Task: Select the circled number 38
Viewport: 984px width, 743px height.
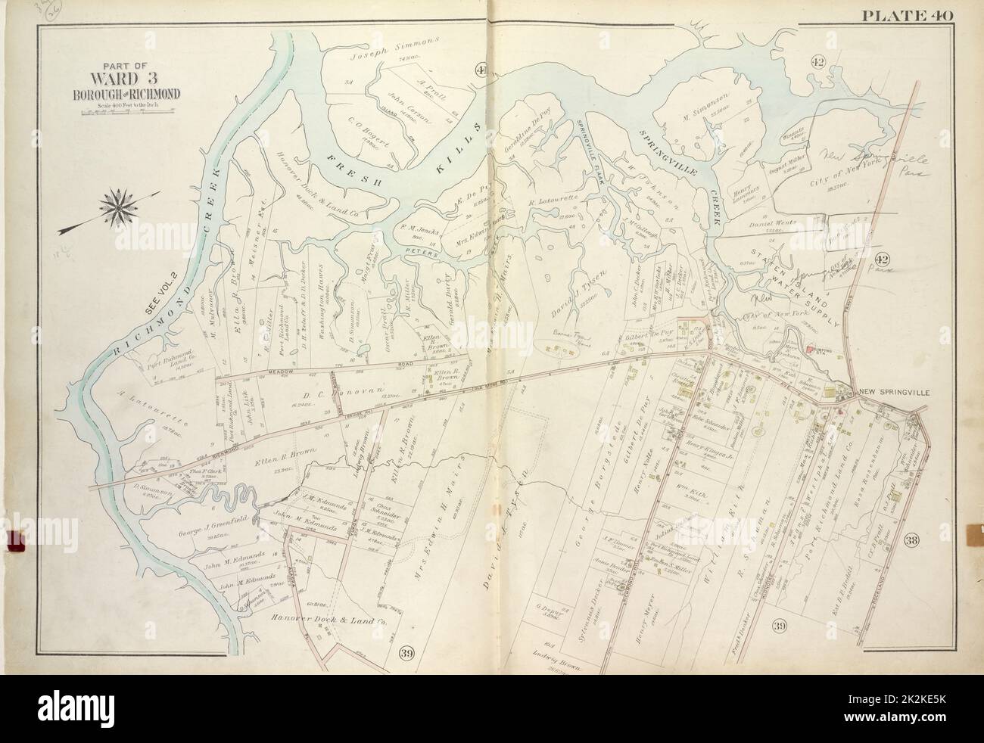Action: [x=912, y=539]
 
